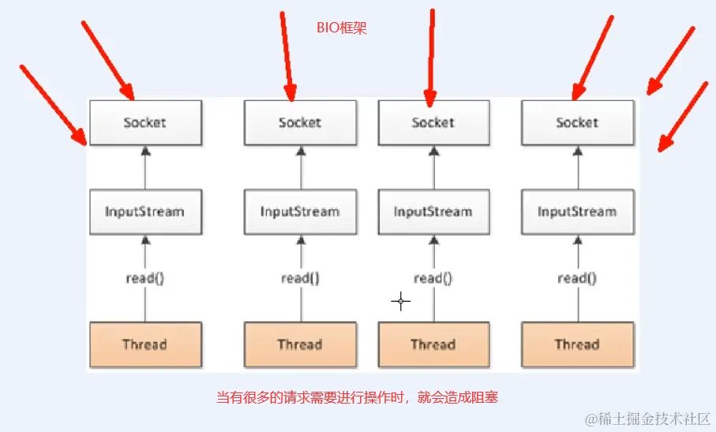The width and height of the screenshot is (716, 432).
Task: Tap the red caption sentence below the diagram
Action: click(x=358, y=398)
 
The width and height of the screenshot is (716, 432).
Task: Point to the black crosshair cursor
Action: click(x=401, y=301)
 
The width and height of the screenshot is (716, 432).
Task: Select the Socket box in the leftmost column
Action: click(x=145, y=122)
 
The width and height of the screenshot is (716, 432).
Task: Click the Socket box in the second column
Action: click(x=300, y=122)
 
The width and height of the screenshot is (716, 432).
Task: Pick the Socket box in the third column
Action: click(x=433, y=122)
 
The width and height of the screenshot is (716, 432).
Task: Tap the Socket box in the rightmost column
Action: click(x=577, y=122)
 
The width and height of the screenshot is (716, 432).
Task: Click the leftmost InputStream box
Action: click(x=145, y=212)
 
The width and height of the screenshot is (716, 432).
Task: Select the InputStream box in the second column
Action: click(x=300, y=212)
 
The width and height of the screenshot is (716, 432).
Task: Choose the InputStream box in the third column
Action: click(x=433, y=212)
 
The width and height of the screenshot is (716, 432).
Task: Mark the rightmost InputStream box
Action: click(x=577, y=212)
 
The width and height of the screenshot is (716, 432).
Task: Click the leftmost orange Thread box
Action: click(x=145, y=344)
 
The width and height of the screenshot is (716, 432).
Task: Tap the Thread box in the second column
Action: click(x=300, y=344)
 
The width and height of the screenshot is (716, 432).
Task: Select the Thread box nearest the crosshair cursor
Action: click(x=433, y=344)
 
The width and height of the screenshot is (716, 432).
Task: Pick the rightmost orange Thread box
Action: click(x=577, y=344)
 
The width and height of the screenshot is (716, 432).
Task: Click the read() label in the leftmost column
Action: click(x=145, y=278)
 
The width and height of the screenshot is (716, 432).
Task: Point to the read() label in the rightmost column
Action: click(x=577, y=278)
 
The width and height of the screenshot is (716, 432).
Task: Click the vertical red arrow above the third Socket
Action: click(x=431, y=55)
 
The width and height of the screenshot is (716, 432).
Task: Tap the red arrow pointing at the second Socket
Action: click(x=287, y=55)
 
